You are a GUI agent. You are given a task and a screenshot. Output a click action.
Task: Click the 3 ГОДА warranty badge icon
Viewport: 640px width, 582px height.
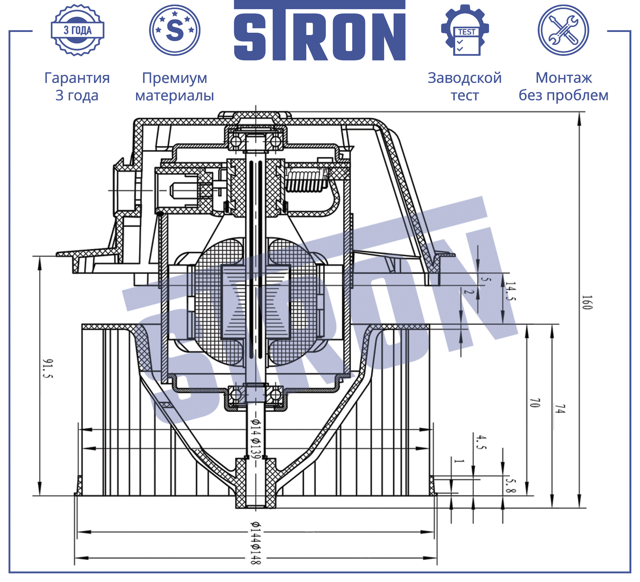tap(78, 30)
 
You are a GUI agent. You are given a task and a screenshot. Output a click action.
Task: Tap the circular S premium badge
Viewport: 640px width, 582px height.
tap(175, 30)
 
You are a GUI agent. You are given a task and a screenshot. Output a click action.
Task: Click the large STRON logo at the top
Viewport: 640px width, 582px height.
tap(319, 30)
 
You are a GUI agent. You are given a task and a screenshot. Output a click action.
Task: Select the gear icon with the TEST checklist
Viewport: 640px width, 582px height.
tap(465, 30)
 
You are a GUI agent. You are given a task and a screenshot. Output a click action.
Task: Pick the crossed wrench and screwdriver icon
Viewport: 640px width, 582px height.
tap(563, 30)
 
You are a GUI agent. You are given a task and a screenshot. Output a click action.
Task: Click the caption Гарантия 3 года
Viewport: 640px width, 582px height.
tap(77, 86)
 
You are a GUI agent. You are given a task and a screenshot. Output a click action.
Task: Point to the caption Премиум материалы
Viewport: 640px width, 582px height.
tap(175, 87)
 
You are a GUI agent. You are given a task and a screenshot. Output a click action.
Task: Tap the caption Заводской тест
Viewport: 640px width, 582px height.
tap(465, 86)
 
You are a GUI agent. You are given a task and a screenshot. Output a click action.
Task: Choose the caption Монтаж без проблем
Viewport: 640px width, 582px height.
tap(564, 86)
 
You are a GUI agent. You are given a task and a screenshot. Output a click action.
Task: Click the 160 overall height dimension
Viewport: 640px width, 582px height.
tap(587, 302)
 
